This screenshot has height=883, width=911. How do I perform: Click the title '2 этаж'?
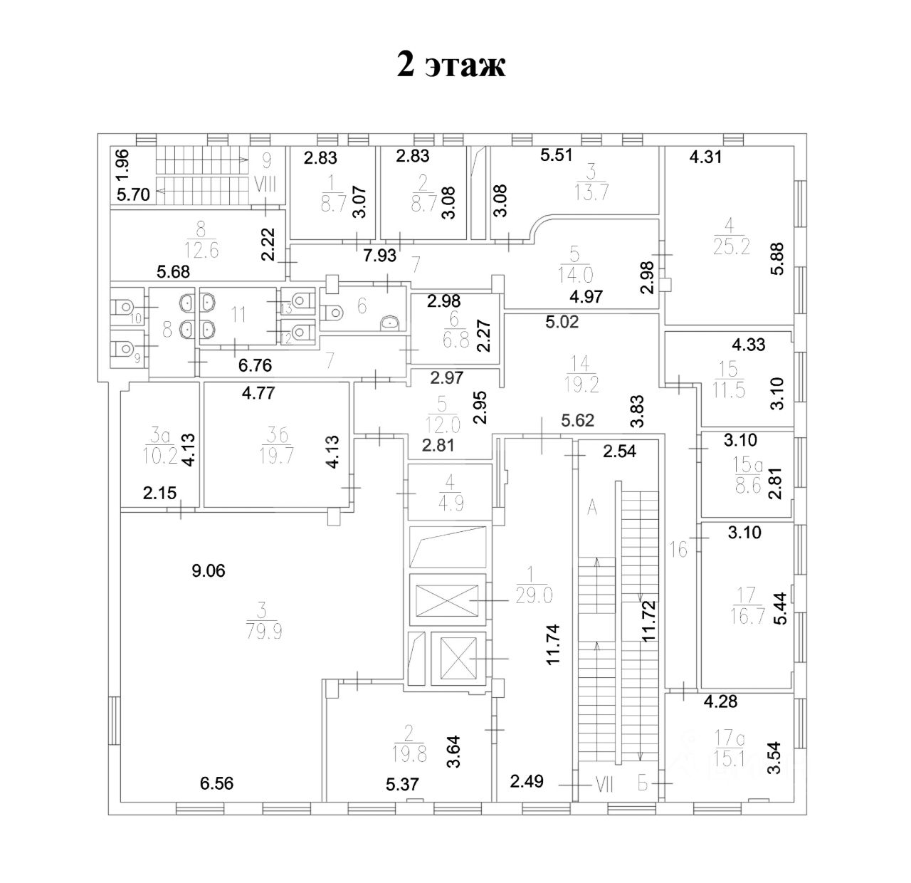click(451, 66)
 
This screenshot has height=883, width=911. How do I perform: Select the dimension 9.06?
click(209, 570)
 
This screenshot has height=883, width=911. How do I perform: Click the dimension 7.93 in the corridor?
click(381, 255)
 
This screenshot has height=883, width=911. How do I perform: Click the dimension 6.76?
click(256, 366)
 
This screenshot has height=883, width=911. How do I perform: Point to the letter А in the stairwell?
click(591, 507)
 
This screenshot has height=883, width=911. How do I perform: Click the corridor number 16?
click(680, 549)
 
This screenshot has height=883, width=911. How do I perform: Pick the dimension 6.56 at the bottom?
click(217, 784)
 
